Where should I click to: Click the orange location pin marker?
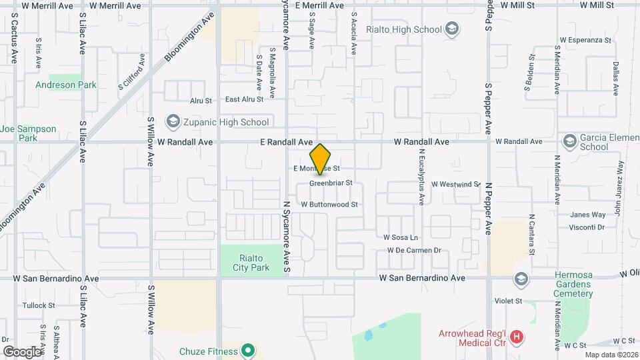coord(321,159)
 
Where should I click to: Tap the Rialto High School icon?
coord(453,29)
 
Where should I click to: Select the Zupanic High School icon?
coord(173,121)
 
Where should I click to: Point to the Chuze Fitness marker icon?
coord(248,350)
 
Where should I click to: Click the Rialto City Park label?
coord(251,263)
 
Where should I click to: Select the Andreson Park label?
coord(65,85)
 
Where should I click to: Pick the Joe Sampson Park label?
coord(27,133)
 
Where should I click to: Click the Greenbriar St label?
coord(331,182)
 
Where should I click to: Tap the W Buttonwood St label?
coord(329,204)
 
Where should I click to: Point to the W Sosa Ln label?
coord(400,237)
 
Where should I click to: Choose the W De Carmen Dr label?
coord(414,251)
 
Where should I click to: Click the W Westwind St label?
coord(455,184)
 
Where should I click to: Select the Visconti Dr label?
coord(587,227)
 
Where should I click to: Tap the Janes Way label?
coord(587,215)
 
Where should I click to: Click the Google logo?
coord(21,351)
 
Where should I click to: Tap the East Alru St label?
coord(244,99)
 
